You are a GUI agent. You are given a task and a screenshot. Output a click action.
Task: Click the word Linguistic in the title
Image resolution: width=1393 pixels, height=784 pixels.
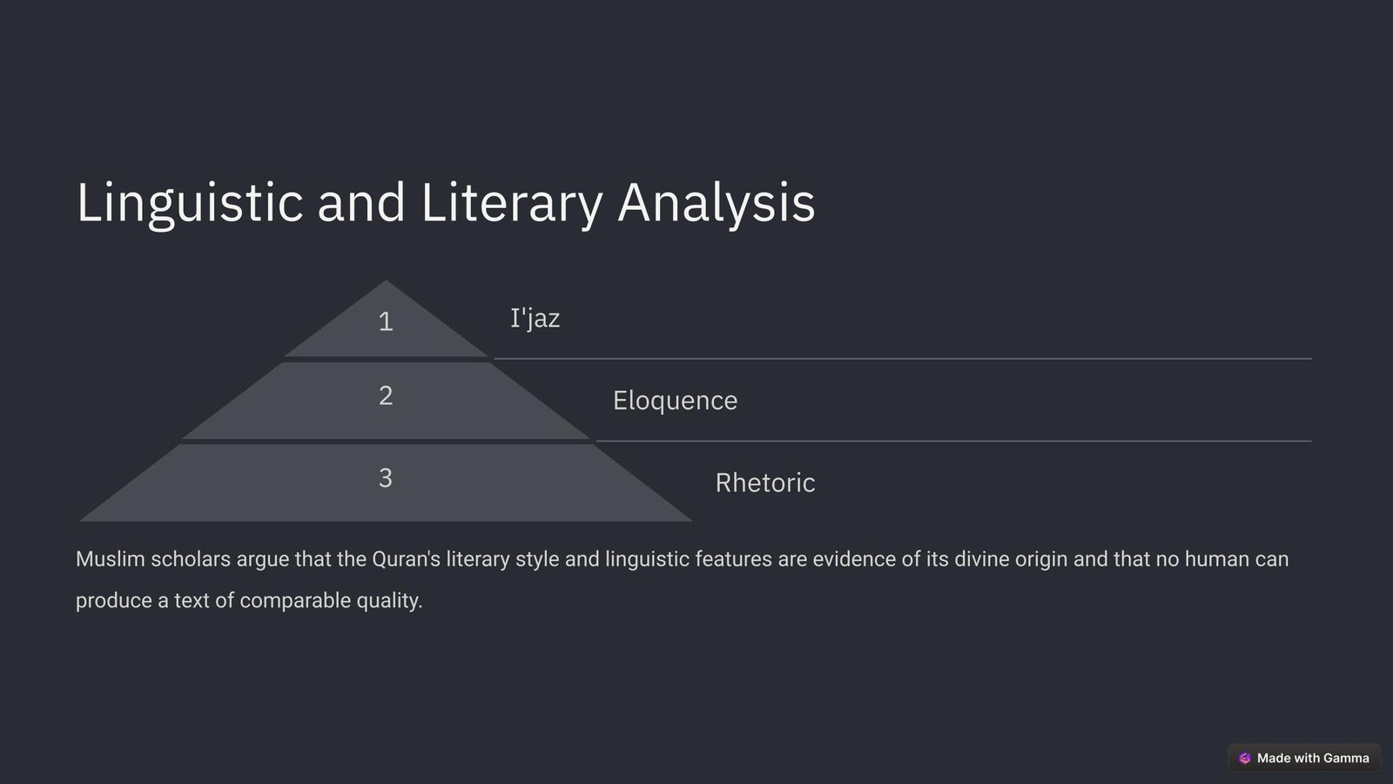click(190, 203)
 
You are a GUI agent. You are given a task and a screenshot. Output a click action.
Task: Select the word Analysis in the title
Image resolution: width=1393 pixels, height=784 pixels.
click(716, 203)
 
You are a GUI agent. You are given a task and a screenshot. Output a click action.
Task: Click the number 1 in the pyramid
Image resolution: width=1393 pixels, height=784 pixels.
click(386, 321)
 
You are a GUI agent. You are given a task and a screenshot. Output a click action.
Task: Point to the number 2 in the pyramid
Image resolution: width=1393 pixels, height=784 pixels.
click(386, 395)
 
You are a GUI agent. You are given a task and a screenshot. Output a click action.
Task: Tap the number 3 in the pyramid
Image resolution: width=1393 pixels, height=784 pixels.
click(386, 478)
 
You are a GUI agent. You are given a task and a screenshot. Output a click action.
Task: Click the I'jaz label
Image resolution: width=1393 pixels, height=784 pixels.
click(535, 319)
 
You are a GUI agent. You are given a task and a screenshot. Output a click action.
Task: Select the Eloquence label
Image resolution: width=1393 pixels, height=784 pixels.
click(676, 401)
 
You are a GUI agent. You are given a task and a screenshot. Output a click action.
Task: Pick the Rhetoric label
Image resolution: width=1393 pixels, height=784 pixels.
click(765, 483)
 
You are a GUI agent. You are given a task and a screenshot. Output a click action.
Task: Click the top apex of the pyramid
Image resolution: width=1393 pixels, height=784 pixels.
click(386, 280)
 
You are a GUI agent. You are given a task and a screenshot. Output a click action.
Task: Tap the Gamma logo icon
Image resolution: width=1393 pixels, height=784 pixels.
click(1244, 758)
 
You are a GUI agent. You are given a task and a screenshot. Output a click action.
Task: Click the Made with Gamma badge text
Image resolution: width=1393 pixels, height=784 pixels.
click(1313, 758)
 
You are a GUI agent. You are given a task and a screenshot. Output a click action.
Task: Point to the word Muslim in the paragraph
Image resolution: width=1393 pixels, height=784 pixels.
click(111, 558)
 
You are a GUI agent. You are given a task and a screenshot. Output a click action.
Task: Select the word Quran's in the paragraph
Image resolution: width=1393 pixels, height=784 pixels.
click(406, 558)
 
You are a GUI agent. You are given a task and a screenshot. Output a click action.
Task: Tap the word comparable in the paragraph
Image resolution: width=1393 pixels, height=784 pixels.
click(295, 600)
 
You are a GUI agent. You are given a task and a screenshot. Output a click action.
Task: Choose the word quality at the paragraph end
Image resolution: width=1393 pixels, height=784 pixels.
click(389, 601)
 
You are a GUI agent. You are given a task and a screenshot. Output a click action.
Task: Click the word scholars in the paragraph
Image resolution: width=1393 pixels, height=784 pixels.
click(191, 558)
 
